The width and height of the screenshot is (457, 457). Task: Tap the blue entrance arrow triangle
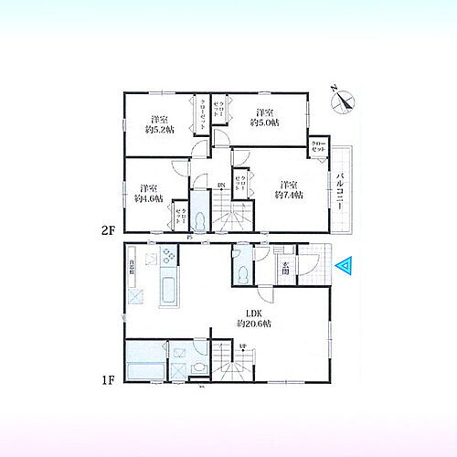click(345, 266)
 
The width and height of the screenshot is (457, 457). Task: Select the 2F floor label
click(107, 230)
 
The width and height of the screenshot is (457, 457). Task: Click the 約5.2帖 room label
click(159, 124)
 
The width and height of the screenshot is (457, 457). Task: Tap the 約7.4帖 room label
click(289, 187)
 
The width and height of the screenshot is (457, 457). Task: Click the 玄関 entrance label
click(284, 267)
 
